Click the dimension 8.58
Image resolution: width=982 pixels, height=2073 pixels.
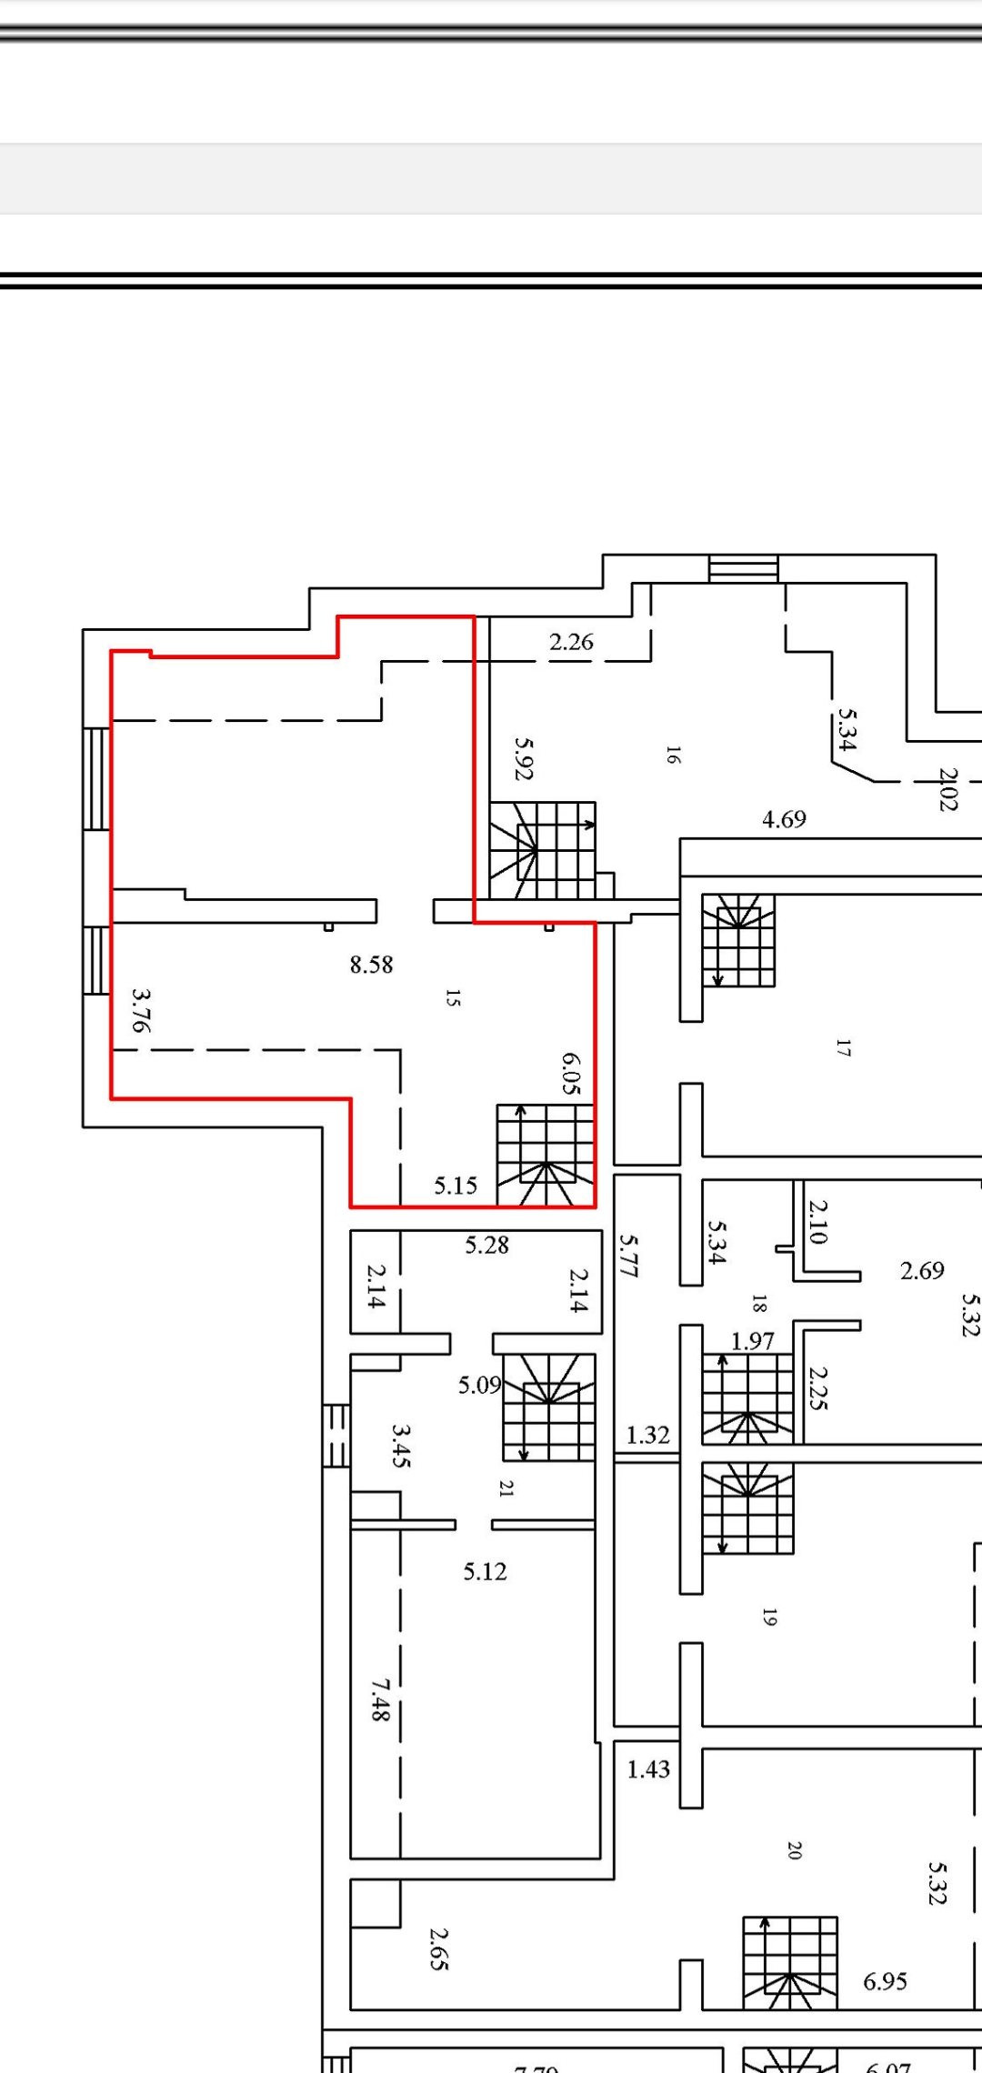click(371, 965)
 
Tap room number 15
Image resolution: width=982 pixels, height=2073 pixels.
click(453, 997)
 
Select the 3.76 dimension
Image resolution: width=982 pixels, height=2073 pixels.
click(140, 1011)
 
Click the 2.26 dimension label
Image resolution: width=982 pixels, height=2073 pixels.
click(571, 642)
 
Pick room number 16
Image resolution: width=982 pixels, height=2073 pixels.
click(673, 755)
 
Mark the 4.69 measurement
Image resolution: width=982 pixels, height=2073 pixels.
click(784, 819)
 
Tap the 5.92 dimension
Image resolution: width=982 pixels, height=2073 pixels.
click(524, 758)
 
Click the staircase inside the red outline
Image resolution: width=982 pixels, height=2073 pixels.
click(546, 1156)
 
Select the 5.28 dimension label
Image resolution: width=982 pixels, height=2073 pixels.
click(486, 1245)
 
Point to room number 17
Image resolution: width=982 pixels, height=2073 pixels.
click(843, 1048)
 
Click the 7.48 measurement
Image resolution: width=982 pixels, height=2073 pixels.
click(380, 1699)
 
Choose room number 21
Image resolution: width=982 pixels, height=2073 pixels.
click(506, 1488)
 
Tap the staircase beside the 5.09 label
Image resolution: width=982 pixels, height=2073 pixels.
click(550, 1407)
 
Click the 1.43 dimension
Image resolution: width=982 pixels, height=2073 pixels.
click(648, 1769)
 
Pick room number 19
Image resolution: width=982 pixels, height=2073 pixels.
click(769, 1617)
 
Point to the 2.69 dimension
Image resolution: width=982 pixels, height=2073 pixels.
click(922, 1270)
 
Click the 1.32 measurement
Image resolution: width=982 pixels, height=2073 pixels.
click(647, 1435)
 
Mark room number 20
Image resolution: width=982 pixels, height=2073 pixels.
click(794, 1849)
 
